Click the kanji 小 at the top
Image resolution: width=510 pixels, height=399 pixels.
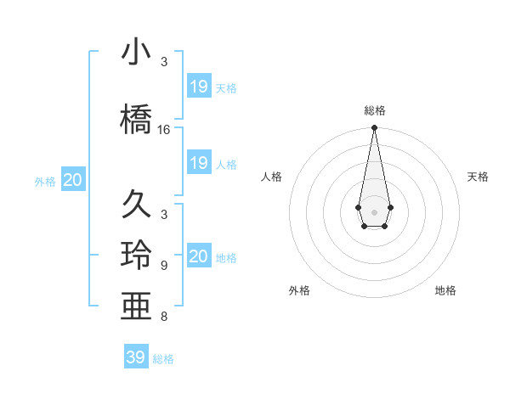click(137, 52)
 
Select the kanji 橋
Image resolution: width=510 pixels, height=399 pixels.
click(137, 118)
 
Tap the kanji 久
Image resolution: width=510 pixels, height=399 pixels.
click(137, 205)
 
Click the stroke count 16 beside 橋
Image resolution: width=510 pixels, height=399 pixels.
click(164, 130)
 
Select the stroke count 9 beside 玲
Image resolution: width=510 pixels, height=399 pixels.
click(164, 266)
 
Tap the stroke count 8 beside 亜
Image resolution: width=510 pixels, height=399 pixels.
click(164, 318)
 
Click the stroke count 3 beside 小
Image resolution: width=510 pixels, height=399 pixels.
click(164, 62)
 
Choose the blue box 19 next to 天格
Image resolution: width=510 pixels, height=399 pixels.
click(199, 86)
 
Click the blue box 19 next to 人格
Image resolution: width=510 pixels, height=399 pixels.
click(199, 163)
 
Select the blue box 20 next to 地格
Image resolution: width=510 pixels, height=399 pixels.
click(199, 256)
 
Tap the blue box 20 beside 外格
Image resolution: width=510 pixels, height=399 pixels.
click(73, 179)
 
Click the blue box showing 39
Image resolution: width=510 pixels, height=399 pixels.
click(135, 357)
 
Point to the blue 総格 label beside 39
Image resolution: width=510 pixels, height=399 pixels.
click(163, 359)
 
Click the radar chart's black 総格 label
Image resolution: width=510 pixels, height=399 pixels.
click(374, 110)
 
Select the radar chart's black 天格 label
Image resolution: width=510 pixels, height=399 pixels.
click(479, 177)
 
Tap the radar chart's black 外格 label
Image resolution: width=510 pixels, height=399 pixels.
click(299, 290)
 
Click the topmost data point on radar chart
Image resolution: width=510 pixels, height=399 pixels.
click(374, 128)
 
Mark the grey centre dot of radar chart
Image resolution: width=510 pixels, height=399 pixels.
click(374, 211)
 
